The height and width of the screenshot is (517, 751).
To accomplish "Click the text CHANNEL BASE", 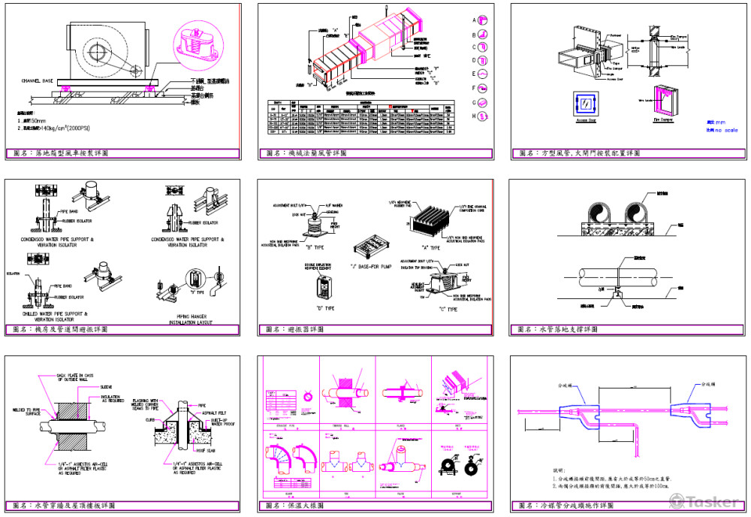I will (x=38, y=80).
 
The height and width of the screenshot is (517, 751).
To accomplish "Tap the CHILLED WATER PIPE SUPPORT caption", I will (x=57, y=314).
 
